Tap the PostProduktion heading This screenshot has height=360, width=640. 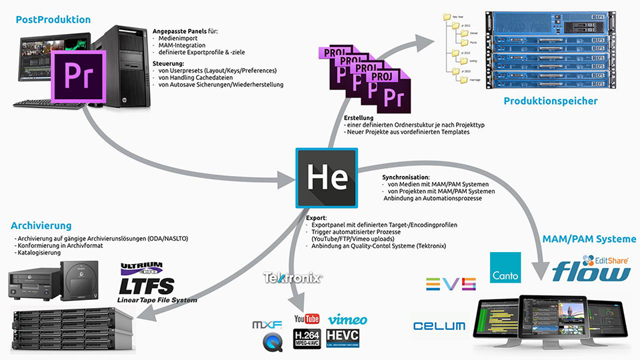click(x=53, y=19)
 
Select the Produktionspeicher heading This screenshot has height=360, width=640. click(x=550, y=101)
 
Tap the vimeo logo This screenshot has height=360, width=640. click(x=347, y=319)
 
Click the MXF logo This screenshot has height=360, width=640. click(x=267, y=325)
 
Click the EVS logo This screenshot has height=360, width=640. click(x=451, y=283)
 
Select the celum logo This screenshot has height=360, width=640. click(x=439, y=326)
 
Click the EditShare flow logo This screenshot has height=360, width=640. click(x=592, y=269)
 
